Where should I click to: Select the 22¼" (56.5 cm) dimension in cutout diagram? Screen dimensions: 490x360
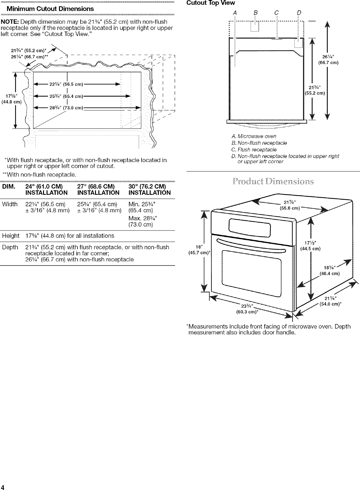(x=66, y=84)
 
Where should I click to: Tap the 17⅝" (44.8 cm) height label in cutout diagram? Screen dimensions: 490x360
(x=11, y=99)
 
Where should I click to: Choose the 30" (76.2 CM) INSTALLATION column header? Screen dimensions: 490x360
(x=149, y=190)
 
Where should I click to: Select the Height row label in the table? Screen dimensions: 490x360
(x=11, y=236)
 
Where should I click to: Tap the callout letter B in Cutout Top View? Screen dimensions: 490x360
(x=255, y=12)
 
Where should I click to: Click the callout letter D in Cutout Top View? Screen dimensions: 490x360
(x=299, y=12)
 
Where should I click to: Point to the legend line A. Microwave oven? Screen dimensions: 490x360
(x=254, y=136)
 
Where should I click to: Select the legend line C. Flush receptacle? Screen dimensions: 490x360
(x=254, y=150)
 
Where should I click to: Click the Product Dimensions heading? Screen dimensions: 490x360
(x=273, y=182)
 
